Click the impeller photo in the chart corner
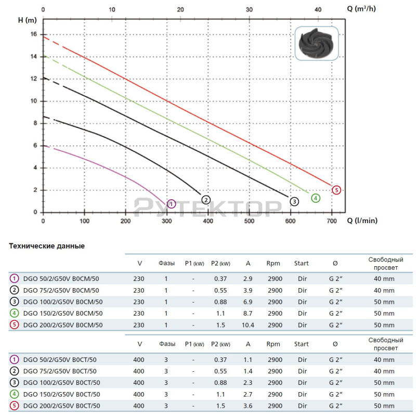coord(317,46)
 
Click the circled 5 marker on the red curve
coord(336,190)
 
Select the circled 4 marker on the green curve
coord(316,198)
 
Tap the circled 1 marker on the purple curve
coord(172,204)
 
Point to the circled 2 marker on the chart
coord(206,200)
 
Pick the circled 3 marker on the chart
coord(294,201)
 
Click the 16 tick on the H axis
coord(33,34)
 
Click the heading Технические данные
coord(47,245)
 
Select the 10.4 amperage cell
coord(248,325)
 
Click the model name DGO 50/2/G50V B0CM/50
coord(61,278)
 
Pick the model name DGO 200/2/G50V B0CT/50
coord(63,406)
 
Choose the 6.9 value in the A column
coord(248,302)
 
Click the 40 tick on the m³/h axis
coord(318,9)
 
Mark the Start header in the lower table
coord(302,344)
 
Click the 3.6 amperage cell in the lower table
coord(248,406)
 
